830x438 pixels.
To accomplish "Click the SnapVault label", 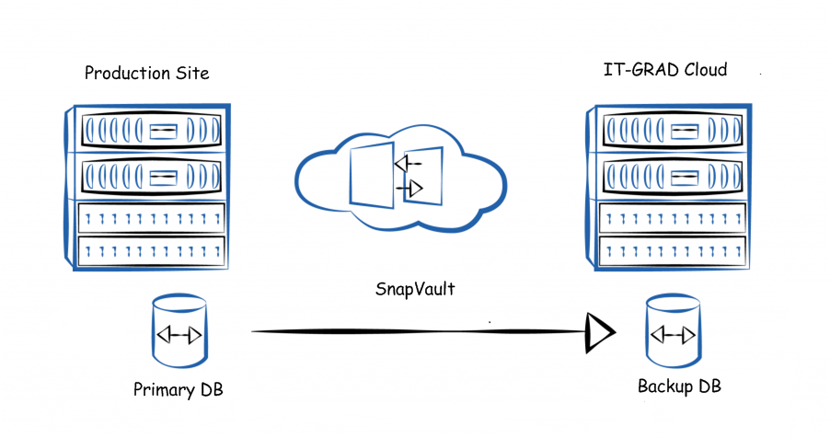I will click(x=414, y=289).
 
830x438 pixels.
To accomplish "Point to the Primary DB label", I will click(x=179, y=389).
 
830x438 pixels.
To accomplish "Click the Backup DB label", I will click(x=679, y=386).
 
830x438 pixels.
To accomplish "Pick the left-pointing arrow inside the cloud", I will click(x=406, y=164).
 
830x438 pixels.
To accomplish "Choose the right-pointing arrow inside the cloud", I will click(x=410, y=190).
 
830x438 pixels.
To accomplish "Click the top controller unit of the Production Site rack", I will click(x=152, y=131).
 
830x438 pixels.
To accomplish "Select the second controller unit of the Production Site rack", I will click(x=152, y=176).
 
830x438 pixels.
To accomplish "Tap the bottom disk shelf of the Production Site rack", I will click(x=152, y=251).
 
